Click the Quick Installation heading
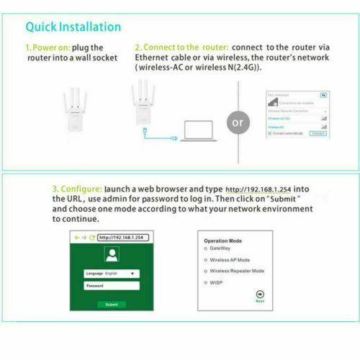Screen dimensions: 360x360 click(73, 27)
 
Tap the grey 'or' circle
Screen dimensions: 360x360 click(238, 121)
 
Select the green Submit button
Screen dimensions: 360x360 click(112, 304)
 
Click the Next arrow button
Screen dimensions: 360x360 click(260, 294)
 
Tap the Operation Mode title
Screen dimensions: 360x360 click(223, 240)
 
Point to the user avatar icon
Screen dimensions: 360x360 click(112, 254)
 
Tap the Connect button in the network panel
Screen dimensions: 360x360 click(317, 133)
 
